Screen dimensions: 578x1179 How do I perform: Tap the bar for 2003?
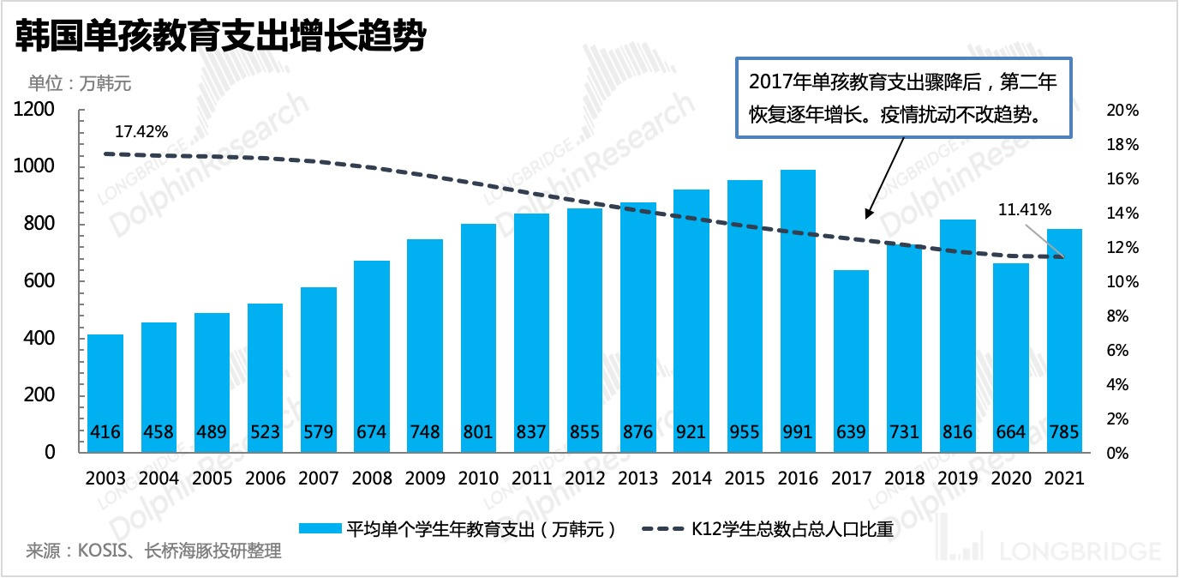click(x=105, y=386)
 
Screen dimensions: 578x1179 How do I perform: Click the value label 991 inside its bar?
click(x=798, y=431)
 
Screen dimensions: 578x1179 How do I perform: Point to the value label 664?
click(x=1011, y=431)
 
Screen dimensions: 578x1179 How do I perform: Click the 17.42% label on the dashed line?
click(x=141, y=131)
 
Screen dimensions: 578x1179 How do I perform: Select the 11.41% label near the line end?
click(x=1025, y=208)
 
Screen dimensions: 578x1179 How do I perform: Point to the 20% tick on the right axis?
click(x=1122, y=111)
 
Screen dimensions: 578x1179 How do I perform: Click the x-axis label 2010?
click(x=479, y=479)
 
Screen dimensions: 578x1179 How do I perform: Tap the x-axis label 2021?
click(x=1064, y=479)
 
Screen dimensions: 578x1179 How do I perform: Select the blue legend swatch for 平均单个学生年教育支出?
click(x=320, y=528)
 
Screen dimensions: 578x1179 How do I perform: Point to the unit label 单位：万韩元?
click(x=80, y=84)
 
